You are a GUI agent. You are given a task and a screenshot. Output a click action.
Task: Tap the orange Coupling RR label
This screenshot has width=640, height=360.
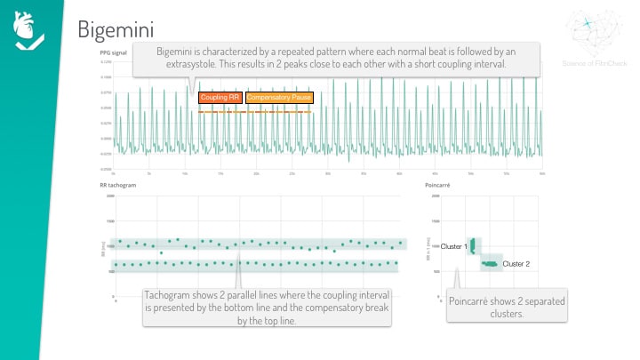220,96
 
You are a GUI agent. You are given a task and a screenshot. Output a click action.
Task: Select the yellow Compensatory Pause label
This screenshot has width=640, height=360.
277,96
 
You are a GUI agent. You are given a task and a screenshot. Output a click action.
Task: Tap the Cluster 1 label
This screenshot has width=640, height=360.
454,244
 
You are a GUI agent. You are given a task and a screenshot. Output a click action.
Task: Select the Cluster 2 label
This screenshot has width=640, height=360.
516,264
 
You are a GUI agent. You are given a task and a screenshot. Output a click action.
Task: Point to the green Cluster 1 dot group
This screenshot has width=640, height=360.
474,244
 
